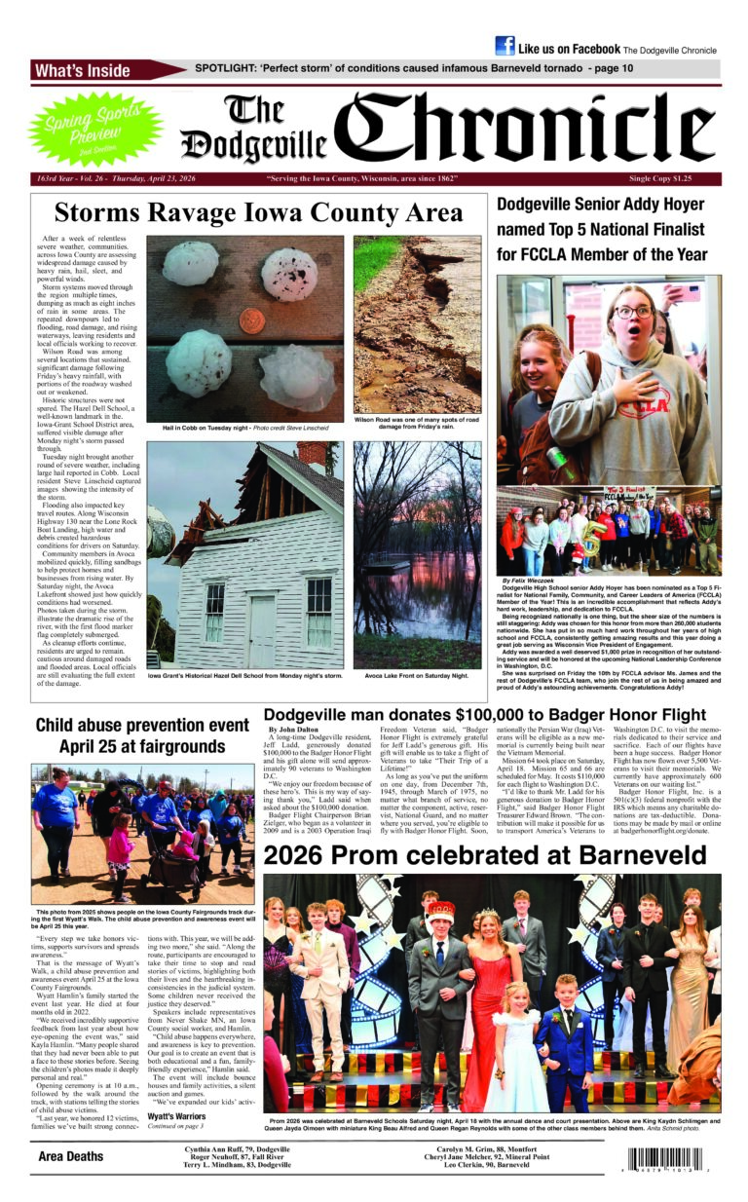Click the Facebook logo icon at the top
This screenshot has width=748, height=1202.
click(505, 46)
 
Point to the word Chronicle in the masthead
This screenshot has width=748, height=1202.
click(530, 129)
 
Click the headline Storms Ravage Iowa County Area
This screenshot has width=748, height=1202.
click(258, 212)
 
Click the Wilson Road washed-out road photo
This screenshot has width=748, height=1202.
click(417, 324)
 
